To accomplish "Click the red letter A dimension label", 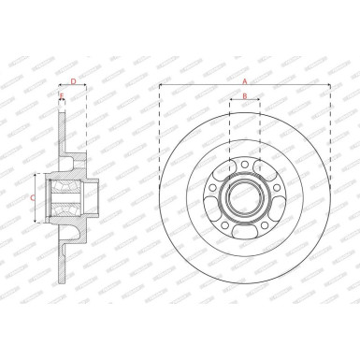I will pyautogui.click(x=245, y=82).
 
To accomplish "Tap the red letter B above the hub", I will pyautogui.click(x=244, y=96).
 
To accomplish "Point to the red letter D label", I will pyautogui.click(x=73, y=82).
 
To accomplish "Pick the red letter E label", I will pyautogui.click(x=62, y=95).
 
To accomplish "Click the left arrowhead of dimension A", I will pyautogui.click(x=162, y=87).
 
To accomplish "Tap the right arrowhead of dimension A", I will pyautogui.click(x=328, y=87).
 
